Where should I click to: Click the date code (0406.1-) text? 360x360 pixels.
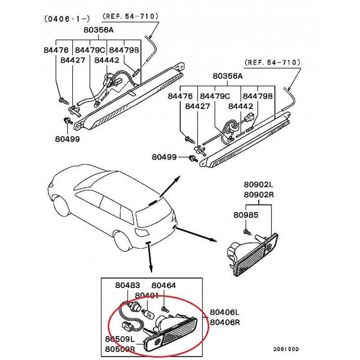(x=67, y=19)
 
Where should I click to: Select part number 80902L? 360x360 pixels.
(x=259, y=185)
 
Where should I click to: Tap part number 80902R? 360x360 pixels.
(x=259, y=195)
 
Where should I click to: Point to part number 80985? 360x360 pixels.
(x=246, y=215)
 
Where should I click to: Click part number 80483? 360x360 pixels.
(x=127, y=285)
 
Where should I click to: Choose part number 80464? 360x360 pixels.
(x=164, y=285)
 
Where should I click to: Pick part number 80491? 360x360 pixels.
(x=147, y=296)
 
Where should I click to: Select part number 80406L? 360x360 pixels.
(x=225, y=312)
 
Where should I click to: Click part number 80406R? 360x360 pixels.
(x=225, y=322)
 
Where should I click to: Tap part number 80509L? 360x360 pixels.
(x=121, y=339)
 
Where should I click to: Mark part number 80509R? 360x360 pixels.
(x=121, y=349)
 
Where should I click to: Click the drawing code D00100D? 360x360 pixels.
(x=287, y=349)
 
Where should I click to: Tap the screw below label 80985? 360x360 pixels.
(x=247, y=231)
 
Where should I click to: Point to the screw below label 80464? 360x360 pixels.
(x=165, y=310)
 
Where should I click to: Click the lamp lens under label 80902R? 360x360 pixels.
(x=256, y=256)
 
